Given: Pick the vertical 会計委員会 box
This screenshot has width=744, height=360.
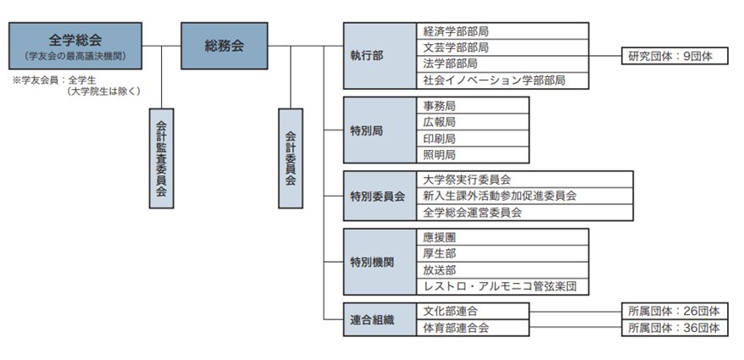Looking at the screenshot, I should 291,157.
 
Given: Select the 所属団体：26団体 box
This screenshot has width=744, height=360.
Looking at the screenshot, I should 674,311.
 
